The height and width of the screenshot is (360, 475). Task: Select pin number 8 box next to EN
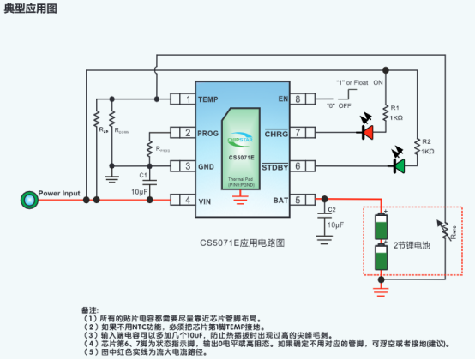pos(298,99)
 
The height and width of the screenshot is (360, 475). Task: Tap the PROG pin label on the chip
pos(209,133)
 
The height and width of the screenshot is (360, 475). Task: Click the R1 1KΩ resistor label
pos(395,112)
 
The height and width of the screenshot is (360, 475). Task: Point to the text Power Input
pos(59,193)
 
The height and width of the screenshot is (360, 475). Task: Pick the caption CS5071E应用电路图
pos(242,242)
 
